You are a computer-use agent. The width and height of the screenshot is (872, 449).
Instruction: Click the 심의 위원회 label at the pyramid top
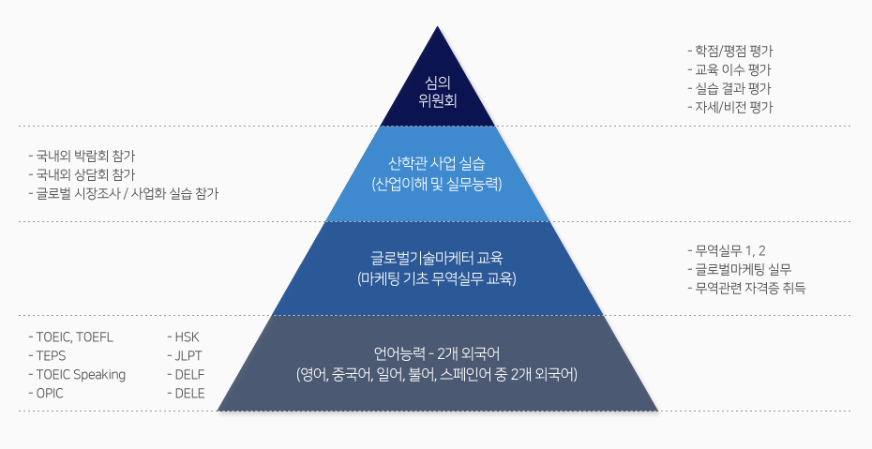click(437, 90)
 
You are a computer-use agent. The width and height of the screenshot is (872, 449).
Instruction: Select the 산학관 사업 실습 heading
click(437, 162)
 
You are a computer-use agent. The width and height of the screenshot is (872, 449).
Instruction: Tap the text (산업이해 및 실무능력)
click(437, 182)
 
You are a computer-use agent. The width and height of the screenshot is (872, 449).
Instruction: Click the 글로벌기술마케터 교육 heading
click(437, 258)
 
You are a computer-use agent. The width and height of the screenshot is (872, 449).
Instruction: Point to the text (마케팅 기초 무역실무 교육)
click(437, 278)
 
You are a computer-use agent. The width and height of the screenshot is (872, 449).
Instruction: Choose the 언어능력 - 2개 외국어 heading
click(437, 354)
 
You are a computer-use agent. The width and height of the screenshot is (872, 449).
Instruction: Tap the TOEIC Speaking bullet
click(76, 374)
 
